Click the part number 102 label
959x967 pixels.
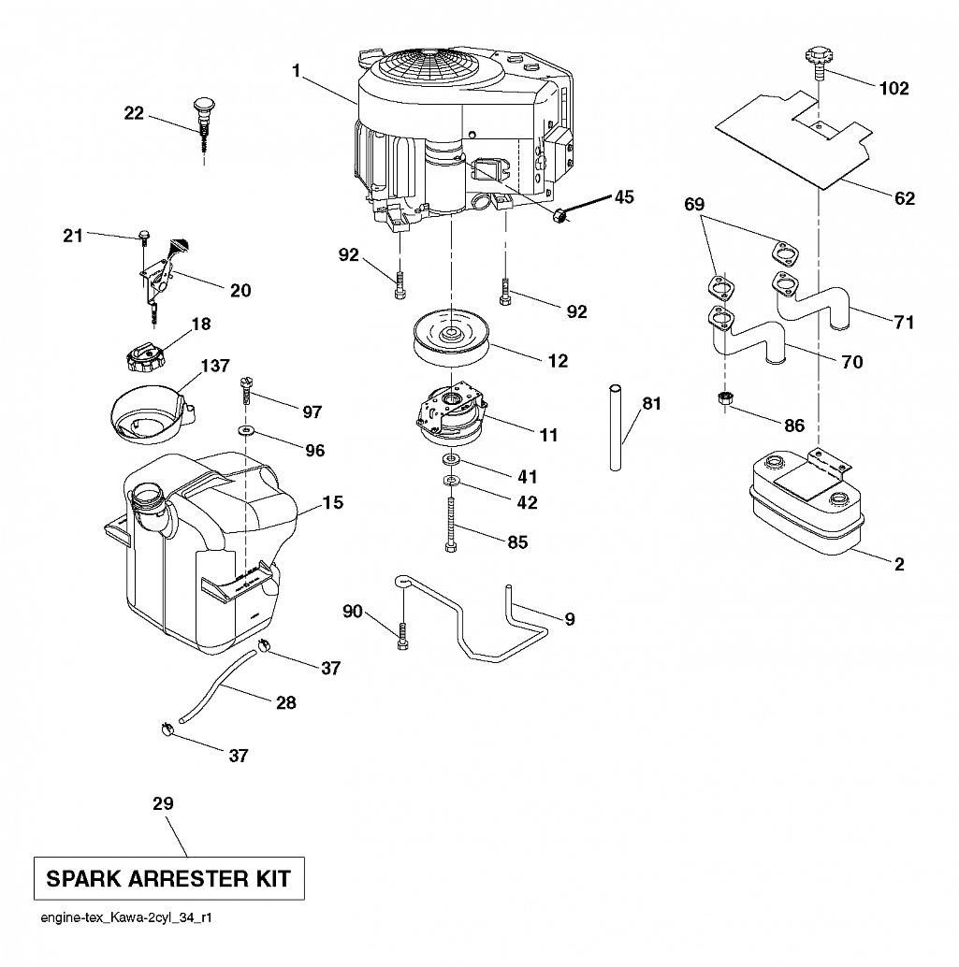pos(894,88)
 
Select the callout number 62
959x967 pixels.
pos(904,198)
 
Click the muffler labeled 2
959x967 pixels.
pos(804,502)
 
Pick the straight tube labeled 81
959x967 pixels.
pos(615,428)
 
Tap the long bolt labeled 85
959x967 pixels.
pos(450,525)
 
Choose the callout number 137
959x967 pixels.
pos(215,366)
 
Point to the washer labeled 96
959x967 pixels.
pos(247,429)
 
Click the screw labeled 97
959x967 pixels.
pos(246,391)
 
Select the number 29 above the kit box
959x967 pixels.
pos(164,803)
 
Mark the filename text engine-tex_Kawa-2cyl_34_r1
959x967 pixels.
pos(126,917)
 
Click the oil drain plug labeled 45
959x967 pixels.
pos(559,216)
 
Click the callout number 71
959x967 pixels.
pos(904,322)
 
